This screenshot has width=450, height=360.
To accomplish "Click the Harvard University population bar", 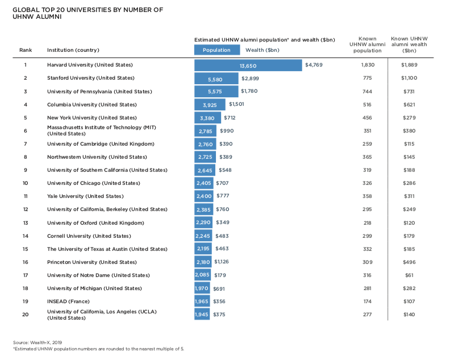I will click(248, 65).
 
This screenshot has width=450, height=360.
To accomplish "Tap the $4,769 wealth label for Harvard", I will click(314, 65).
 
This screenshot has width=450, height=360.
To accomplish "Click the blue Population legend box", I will click(216, 50).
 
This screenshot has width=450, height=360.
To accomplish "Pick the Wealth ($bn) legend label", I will click(262, 50).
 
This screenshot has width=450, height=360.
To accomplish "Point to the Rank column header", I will click(26, 50).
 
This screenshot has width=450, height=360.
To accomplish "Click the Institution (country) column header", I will click(73, 50).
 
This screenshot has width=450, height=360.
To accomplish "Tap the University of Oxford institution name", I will click(95, 223).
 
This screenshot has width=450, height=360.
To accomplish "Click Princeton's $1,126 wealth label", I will click(221, 262).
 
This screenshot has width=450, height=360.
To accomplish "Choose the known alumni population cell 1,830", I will click(368, 65).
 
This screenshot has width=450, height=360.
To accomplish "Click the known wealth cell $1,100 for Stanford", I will click(409, 78).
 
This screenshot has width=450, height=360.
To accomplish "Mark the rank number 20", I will click(26, 315).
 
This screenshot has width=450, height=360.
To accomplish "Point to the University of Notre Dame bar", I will click(203, 275).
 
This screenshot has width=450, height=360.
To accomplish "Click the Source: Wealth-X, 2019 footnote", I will click(36, 342).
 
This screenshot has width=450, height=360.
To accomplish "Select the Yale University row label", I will click(85, 196).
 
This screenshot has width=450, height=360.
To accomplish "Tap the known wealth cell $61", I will click(409, 275).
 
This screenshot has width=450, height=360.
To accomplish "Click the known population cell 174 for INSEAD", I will click(368, 301).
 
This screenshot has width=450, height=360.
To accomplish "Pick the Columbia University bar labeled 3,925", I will click(210, 105).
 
